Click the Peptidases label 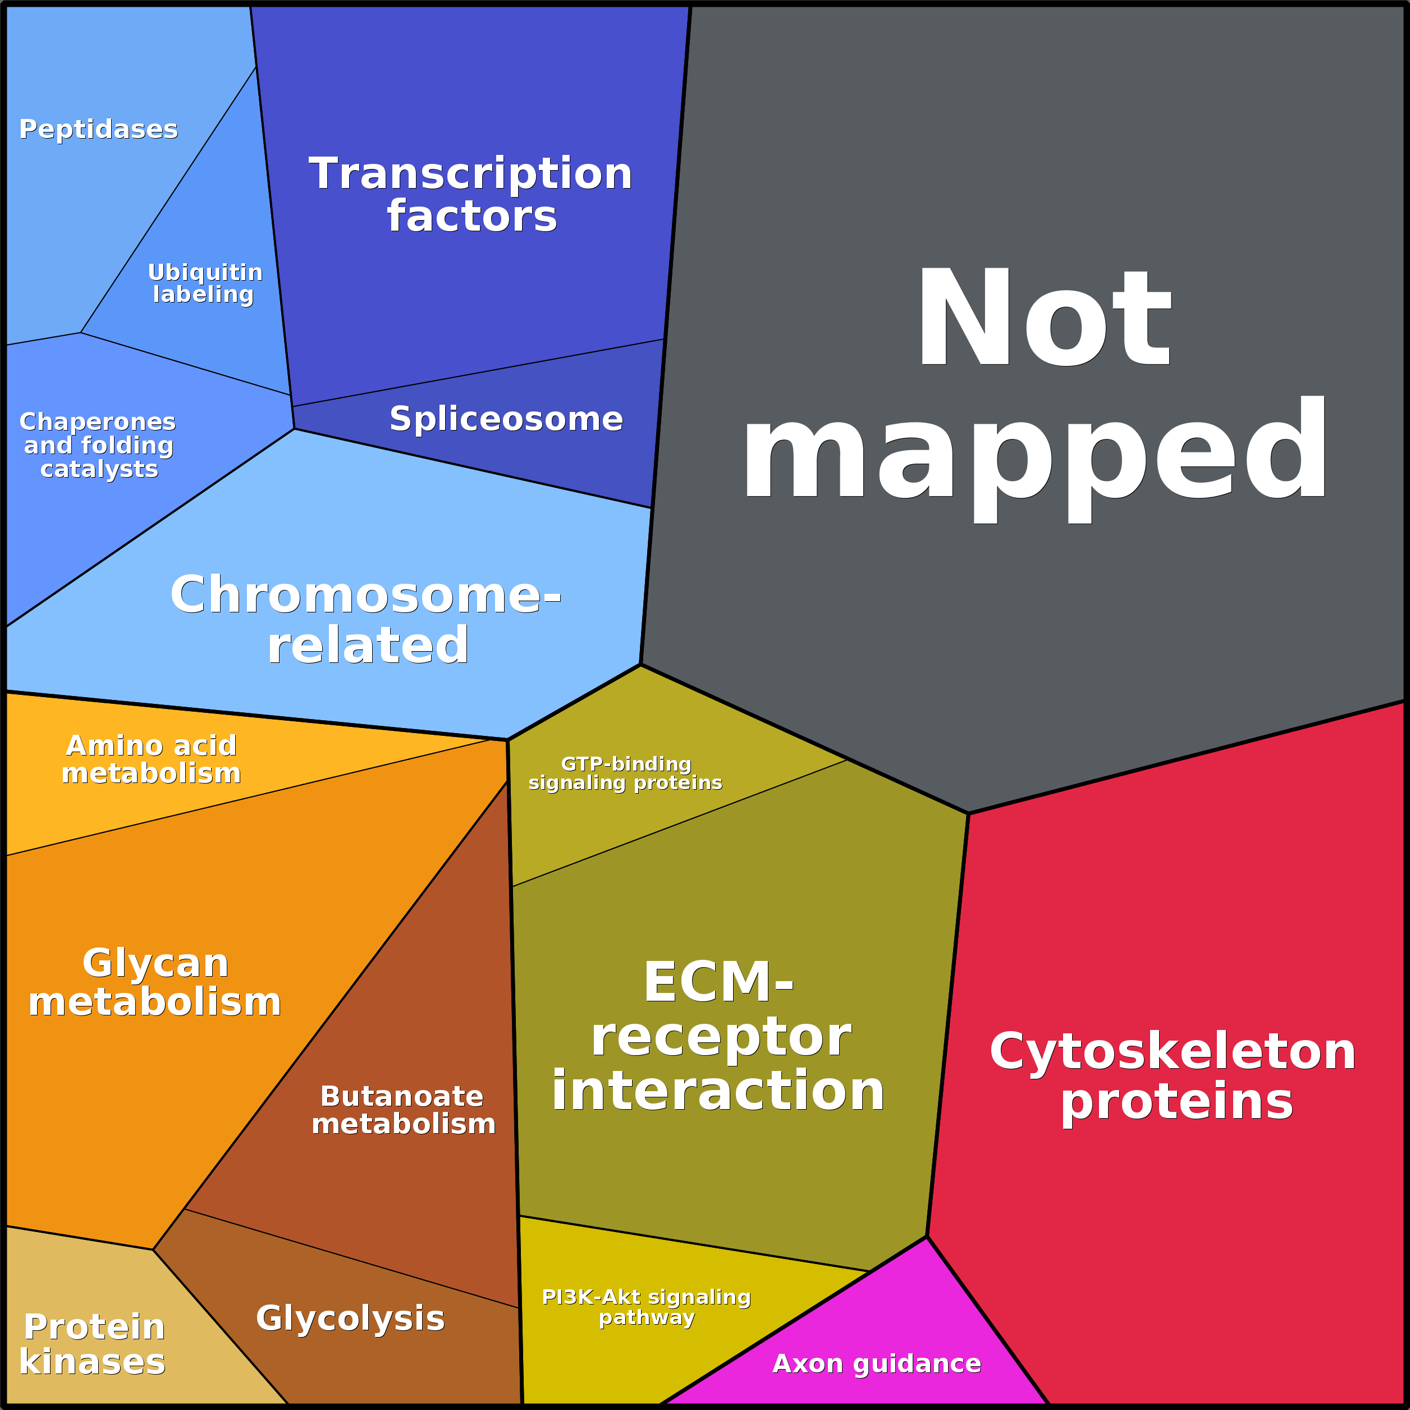[x=99, y=129]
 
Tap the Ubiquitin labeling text [x=204, y=283]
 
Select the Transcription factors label [x=471, y=195]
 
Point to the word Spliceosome [x=506, y=419]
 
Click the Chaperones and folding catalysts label [x=98, y=445]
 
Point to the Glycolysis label [x=350, y=1318]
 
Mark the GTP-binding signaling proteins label [x=625, y=773]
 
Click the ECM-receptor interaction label [x=718, y=1036]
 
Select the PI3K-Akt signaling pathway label [x=646, y=1306]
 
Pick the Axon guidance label [x=877, y=1363]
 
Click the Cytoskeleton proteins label [x=1173, y=1076]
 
